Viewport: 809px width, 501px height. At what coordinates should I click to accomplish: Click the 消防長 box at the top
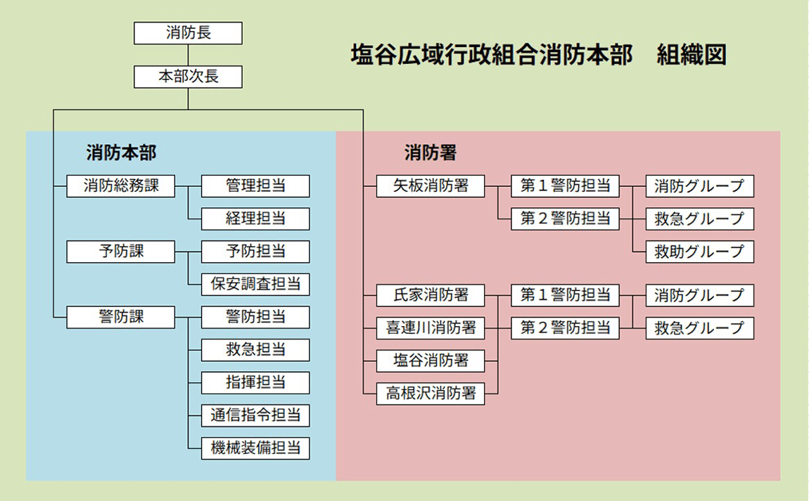point(188,33)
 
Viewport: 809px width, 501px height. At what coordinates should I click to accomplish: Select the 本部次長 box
point(188,77)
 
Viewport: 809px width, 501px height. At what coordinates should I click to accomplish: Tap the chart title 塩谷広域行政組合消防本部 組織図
point(538,56)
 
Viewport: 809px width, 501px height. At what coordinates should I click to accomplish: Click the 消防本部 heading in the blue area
point(121,152)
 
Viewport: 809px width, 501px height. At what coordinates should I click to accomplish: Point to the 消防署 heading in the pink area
point(431,152)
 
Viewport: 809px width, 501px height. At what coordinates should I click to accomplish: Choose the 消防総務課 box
point(121,186)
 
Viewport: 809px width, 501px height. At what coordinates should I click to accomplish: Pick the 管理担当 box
point(255,186)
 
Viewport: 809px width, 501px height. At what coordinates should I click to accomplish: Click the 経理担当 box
point(255,219)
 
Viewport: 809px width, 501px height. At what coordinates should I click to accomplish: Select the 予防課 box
point(121,251)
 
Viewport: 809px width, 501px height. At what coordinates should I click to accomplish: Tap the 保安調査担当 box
point(255,284)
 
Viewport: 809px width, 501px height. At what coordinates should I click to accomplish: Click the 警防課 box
point(121,317)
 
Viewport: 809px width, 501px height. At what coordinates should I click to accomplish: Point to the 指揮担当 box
point(255,382)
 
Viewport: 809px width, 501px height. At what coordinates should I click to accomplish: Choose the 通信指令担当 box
point(255,415)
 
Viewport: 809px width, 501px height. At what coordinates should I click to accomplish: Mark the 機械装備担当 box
point(255,448)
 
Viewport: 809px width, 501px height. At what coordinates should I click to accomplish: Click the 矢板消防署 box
point(431,186)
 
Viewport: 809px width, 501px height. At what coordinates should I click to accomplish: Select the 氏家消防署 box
point(431,295)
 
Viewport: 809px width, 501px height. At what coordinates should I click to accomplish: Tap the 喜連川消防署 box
point(431,327)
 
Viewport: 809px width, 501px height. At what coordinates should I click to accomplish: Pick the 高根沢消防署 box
point(431,393)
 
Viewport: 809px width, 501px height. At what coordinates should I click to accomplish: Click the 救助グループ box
point(699,252)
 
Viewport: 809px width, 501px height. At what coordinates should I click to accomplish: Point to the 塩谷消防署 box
point(431,360)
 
